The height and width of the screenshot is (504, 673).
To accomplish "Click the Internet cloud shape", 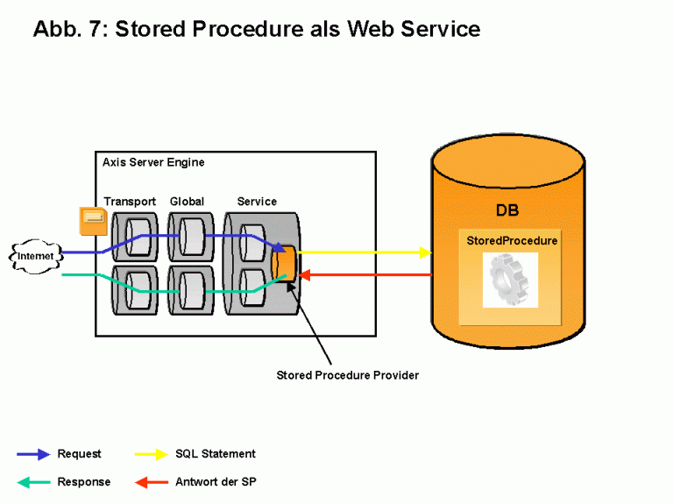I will tap(35, 256).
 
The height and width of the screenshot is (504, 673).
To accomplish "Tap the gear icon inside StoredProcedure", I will tap(509, 279).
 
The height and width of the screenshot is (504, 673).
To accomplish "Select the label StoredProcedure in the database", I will tap(512, 240).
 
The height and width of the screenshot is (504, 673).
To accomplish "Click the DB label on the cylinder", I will tap(507, 211).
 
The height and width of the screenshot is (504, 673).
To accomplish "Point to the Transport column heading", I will tap(130, 202).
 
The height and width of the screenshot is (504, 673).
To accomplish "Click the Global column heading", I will tap(187, 202).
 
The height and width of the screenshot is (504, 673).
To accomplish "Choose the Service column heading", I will tap(257, 202).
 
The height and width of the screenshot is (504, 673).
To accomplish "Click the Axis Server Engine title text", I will tap(153, 163).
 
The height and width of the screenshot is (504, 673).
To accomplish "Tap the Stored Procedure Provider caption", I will tap(348, 375).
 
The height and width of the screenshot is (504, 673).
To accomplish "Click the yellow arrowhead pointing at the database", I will tap(425, 252).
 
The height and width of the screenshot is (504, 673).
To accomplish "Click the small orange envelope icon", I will tap(92, 220).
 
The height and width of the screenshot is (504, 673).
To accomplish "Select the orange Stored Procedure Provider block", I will tap(284, 261).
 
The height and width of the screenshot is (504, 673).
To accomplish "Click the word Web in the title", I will tap(372, 28).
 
